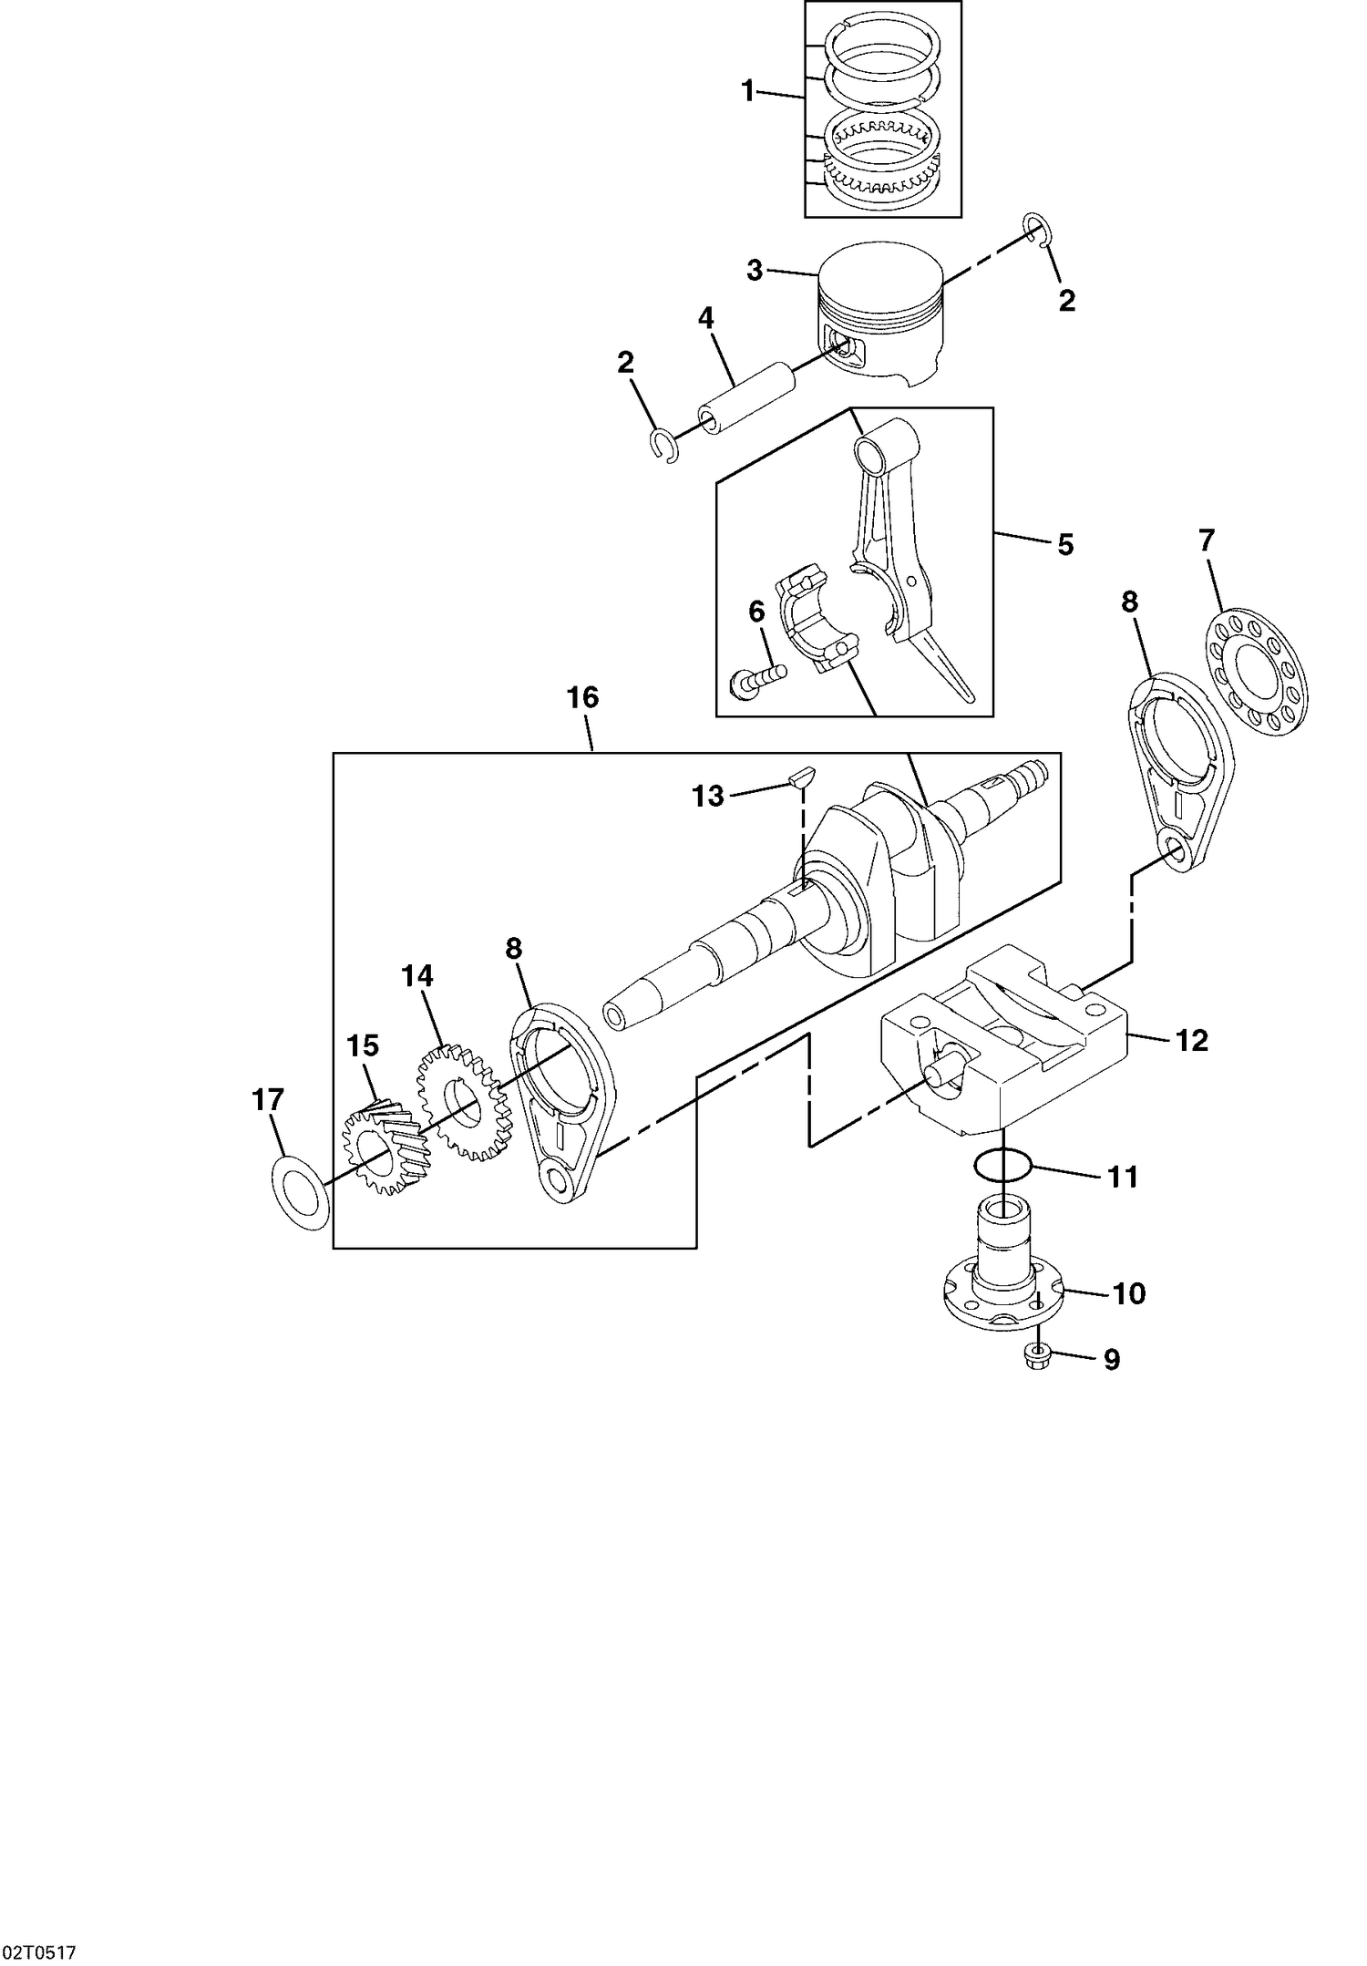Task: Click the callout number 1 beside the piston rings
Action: click(747, 91)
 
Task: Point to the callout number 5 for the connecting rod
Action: click(1065, 545)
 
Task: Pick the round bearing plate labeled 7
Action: click(1257, 672)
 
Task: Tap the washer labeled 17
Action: click(300, 1193)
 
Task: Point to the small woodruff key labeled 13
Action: click(802, 777)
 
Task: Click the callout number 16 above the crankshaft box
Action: click(582, 698)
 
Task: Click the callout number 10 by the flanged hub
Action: click(1128, 1293)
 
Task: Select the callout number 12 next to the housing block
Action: click(1191, 1040)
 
